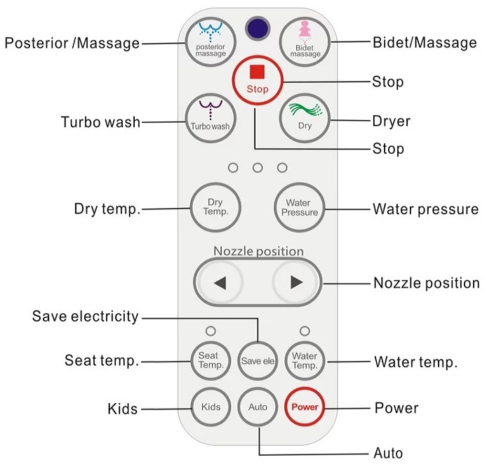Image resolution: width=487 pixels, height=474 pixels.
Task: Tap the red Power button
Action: [x=305, y=407]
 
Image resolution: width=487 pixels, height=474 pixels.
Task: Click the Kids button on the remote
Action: [x=211, y=407]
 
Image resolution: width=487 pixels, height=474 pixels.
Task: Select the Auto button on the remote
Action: [x=258, y=407]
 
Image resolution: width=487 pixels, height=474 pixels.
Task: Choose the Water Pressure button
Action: [x=300, y=207]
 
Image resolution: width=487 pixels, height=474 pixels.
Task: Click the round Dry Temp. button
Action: [x=213, y=207]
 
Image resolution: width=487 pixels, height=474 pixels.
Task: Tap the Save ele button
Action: [x=258, y=361]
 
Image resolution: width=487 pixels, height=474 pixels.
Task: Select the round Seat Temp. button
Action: [x=211, y=361]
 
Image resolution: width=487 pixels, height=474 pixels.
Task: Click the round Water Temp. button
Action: [x=305, y=361]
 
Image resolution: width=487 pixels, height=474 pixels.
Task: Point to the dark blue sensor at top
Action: [x=258, y=29]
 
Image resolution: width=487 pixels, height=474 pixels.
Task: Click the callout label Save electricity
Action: [x=86, y=317]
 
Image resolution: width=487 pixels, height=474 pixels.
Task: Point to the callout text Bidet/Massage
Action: [x=425, y=43]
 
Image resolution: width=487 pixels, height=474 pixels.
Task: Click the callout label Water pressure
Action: [x=425, y=209]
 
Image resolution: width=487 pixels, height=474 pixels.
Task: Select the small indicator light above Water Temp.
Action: [x=305, y=331]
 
